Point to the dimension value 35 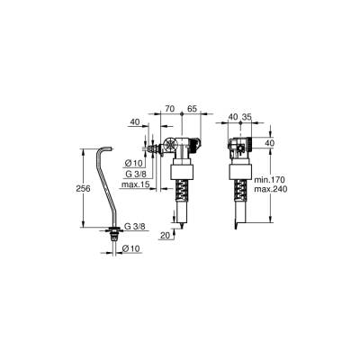[247, 116]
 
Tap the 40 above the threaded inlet [135, 121]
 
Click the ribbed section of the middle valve [182, 190]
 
